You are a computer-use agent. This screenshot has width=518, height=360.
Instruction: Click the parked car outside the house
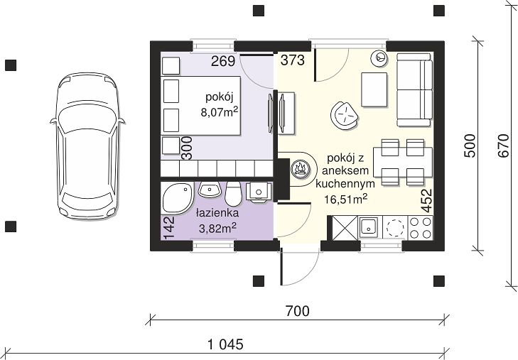[87, 146]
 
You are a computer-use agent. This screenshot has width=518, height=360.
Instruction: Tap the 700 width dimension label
[297, 311]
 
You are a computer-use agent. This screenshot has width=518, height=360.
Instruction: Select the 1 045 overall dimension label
[226, 344]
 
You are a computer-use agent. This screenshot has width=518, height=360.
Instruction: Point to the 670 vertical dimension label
[504, 146]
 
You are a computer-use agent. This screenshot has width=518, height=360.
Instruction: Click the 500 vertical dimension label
[470, 146]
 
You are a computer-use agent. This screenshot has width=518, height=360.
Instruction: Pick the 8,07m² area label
[220, 112]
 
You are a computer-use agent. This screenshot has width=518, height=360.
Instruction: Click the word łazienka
[217, 213]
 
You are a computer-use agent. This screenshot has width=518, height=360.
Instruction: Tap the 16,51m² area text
[345, 199]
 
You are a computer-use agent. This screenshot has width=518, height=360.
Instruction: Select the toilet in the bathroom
[233, 193]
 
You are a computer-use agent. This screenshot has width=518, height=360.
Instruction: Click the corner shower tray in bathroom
[177, 198]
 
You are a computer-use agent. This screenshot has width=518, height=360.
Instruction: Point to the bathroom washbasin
[210, 190]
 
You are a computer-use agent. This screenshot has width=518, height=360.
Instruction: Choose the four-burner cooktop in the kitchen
[420, 228]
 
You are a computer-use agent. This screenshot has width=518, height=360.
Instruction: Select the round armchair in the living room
[345, 116]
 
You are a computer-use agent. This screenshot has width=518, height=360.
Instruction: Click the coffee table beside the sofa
[374, 89]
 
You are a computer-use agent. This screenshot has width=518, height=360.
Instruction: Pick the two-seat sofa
[414, 89]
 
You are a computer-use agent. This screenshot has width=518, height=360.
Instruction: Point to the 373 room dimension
[292, 60]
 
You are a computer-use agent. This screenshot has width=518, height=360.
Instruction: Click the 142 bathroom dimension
[169, 227]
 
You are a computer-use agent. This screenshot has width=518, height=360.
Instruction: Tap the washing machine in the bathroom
[259, 192]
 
